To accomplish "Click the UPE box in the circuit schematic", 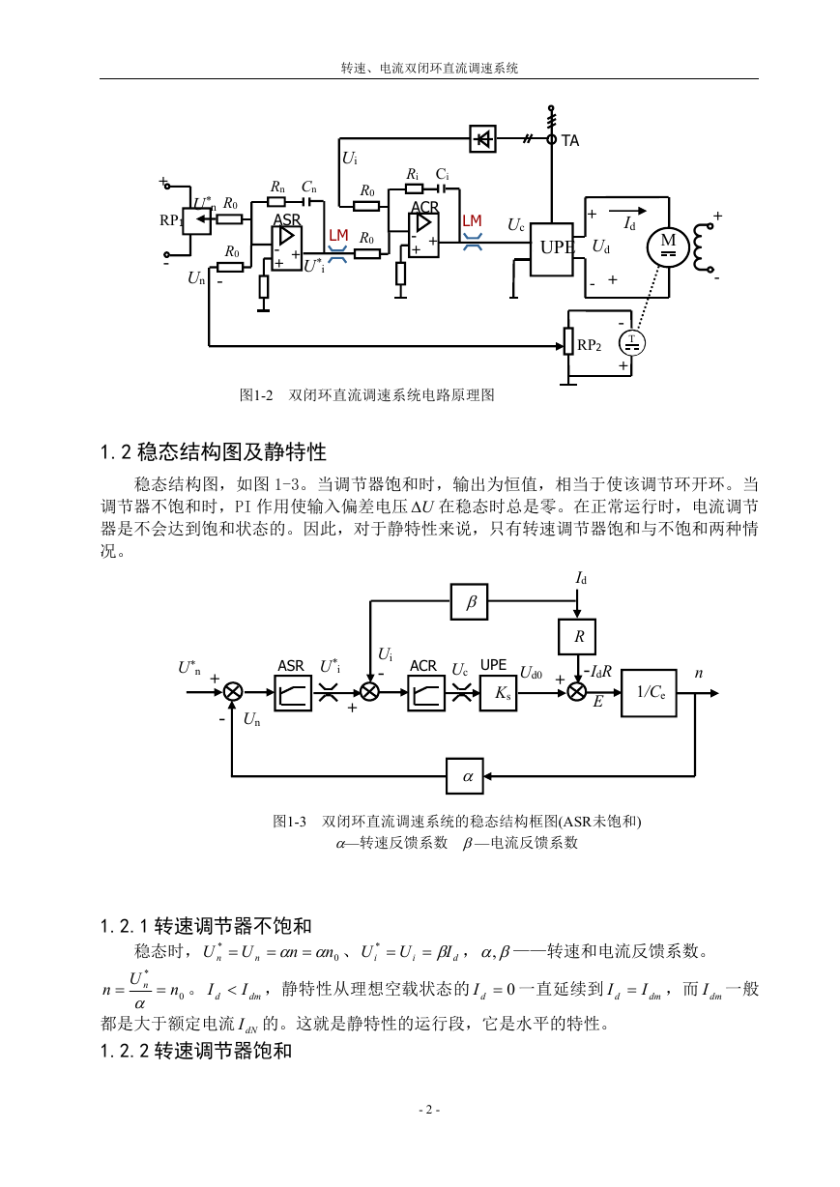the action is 552,249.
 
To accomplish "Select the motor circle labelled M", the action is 668,246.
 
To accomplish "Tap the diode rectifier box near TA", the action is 482,139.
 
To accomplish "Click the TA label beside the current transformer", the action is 570,141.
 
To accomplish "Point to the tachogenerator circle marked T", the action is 632,343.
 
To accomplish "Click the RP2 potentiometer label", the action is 589,345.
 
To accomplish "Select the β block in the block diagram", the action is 469,601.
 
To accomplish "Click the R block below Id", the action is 577,636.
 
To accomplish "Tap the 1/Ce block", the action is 649,693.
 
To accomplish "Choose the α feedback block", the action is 465,776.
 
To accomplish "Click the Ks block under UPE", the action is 498,693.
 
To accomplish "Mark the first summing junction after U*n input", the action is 233,692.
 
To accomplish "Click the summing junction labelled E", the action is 577,692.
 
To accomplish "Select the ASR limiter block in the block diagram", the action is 293,693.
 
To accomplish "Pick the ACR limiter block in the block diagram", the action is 426,693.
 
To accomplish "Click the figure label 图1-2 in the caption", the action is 256,394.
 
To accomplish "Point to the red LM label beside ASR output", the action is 338,235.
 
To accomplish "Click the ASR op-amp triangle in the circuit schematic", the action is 287,237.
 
